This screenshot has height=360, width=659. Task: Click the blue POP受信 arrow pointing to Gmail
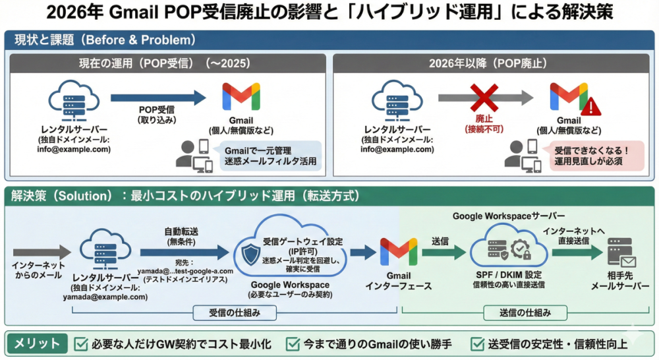pyautogui.click(x=158, y=98)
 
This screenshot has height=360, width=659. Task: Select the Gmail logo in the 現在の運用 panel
pyautogui.click(x=241, y=96)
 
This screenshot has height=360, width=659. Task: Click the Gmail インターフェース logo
pyautogui.click(x=399, y=251)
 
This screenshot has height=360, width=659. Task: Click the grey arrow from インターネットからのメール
pyautogui.click(x=41, y=251)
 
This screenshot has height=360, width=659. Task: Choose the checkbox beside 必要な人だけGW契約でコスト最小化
pyautogui.click(x=82, y=344)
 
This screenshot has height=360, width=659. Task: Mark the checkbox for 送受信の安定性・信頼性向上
pyautogui.click(x=478, y=344)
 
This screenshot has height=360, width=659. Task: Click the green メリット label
pyautogui.click(x=37, y=343)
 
